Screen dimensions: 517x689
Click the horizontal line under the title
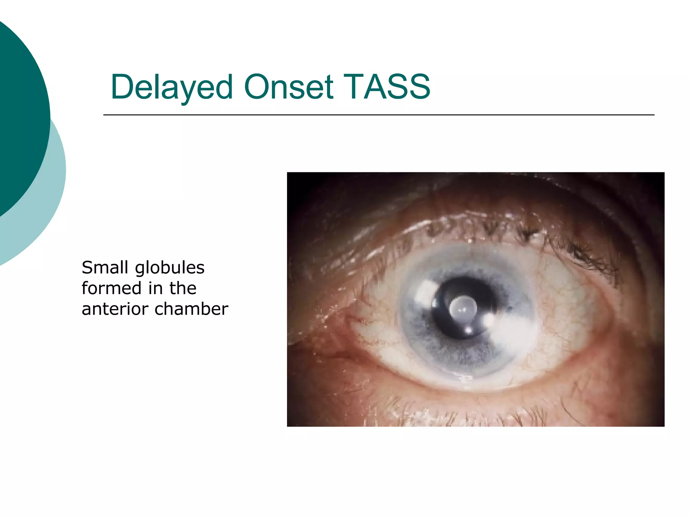click(378, 115)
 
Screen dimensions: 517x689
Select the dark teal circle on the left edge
click(20, 114)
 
